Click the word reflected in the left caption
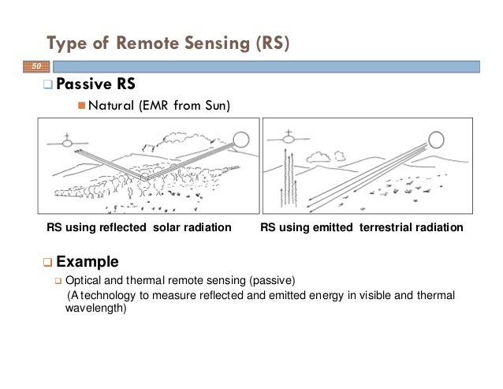[122, 228]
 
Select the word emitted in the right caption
[336, 228]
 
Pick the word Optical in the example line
[83, 280]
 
